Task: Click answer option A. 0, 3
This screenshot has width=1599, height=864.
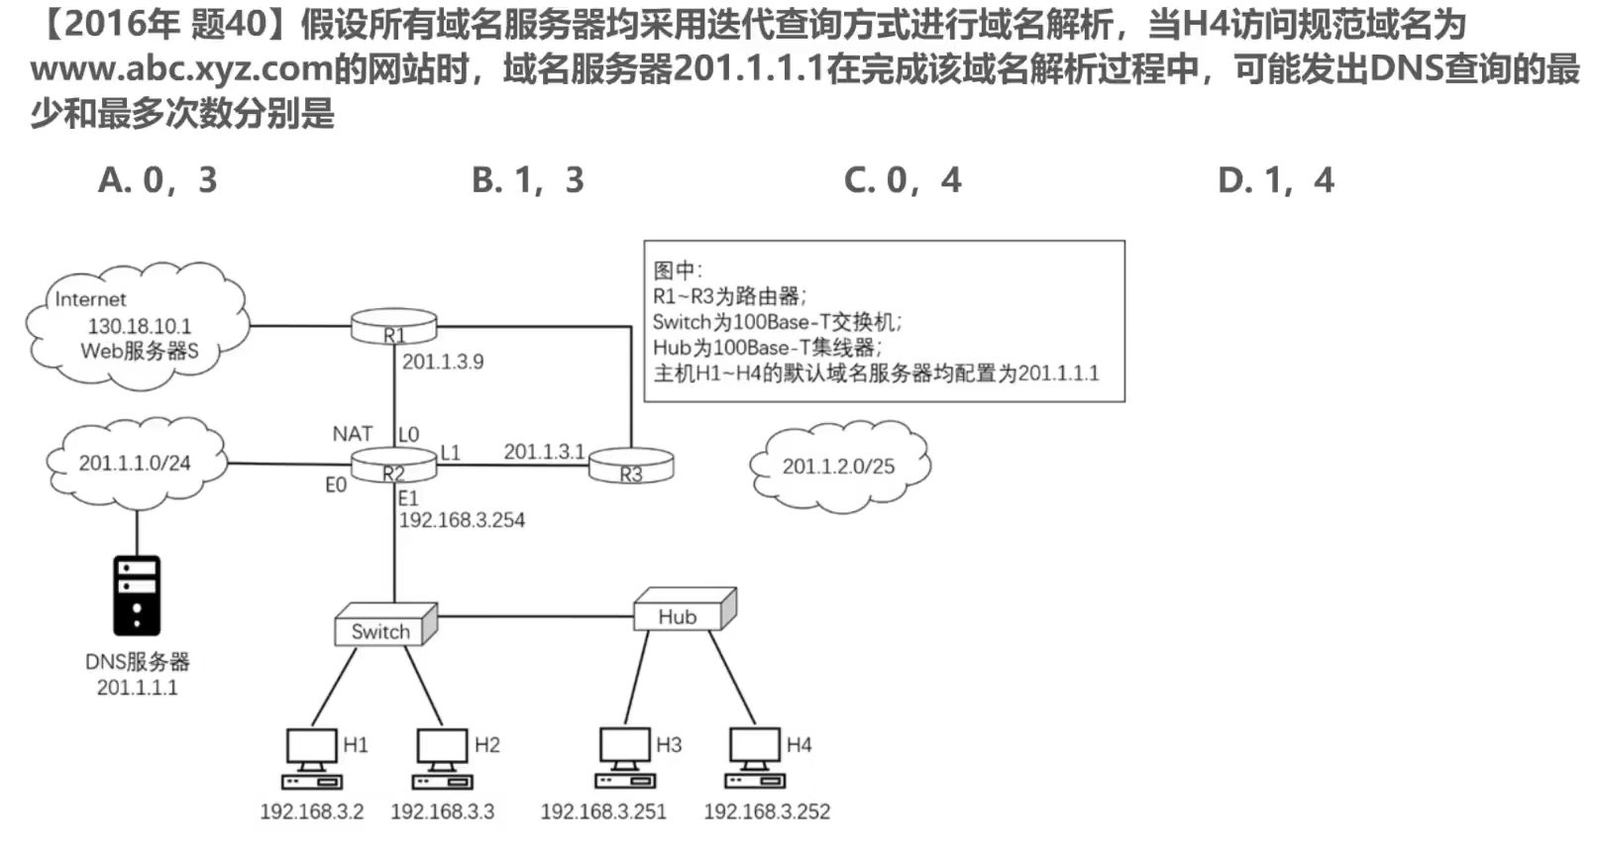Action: pos(158,180)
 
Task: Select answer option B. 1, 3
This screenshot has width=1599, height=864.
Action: pos(528,180)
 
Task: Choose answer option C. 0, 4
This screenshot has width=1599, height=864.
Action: pos(903,180)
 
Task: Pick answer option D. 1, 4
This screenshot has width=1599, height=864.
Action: pos(1276,180)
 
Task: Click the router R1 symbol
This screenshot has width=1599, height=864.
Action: pos(394,327)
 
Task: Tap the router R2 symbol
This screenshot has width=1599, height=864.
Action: pos(394,466)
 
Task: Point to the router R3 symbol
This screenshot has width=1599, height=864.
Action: pos(631,466)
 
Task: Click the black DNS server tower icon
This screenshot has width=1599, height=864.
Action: pos(137,595)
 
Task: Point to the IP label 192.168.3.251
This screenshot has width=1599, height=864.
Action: pos(603,812)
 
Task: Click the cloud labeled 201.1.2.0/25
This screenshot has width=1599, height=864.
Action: pos(838,466)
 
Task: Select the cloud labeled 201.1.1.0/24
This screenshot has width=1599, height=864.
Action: pos(135,463)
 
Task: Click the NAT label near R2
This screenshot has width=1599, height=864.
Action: pos(352,434)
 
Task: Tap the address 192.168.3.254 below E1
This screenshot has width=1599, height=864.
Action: pos(462,520)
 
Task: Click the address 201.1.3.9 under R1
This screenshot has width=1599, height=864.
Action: pos(443,362)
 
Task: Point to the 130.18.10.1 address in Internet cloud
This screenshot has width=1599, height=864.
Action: pos(140,326)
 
